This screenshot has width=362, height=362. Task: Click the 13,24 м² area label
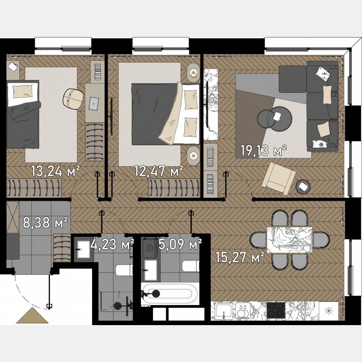55,171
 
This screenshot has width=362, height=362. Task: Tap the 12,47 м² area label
158,171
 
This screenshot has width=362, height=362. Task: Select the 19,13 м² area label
263,150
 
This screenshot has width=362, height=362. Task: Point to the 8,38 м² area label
45,223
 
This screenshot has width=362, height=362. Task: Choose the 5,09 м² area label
180,244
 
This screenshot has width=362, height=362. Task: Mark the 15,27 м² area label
240,256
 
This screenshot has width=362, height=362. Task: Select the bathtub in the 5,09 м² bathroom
169,293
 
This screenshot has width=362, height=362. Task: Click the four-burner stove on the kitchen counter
276,310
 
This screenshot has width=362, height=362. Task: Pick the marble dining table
290,240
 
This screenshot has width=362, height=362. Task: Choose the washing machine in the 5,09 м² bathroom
149,249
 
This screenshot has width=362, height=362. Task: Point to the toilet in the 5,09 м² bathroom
191,266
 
